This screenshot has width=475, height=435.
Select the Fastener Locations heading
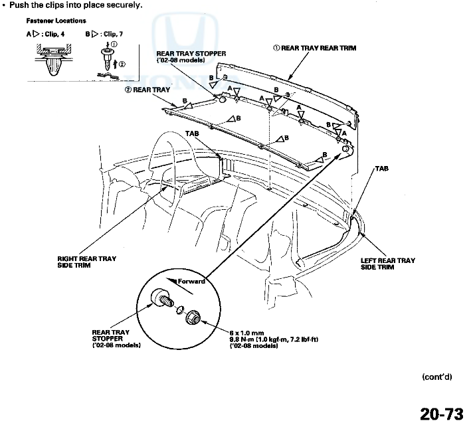(x=56, y=21)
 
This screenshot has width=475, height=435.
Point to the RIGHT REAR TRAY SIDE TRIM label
(x=86, y=262)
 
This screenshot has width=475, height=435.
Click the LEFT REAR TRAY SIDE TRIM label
(x=387, y=264)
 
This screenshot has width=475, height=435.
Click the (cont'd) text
(x=436, y=377)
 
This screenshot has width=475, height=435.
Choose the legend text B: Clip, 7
(x=104, y=33)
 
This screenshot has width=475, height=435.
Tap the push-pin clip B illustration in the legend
(x=106, y=60)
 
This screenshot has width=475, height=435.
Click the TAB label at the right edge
(x=381, y=169)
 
